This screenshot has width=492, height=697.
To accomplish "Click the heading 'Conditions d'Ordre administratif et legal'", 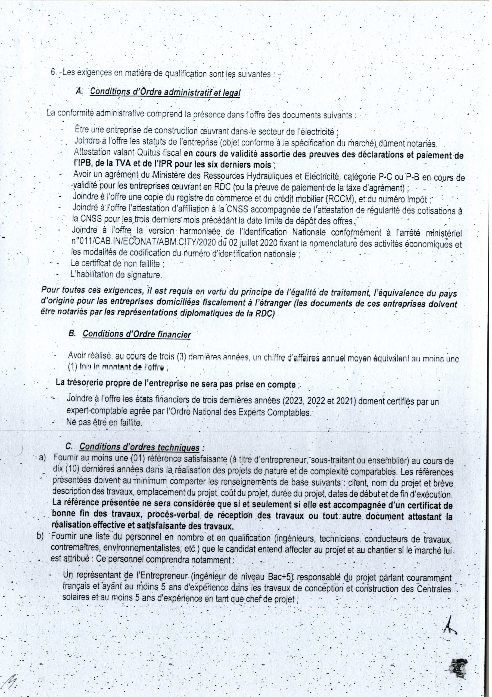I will click(165, 92).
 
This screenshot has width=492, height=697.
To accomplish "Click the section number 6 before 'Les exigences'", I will click(53, 74).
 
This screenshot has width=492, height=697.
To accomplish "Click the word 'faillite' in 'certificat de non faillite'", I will click(147, 264).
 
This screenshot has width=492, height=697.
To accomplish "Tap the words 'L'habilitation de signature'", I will click(115, 275).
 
